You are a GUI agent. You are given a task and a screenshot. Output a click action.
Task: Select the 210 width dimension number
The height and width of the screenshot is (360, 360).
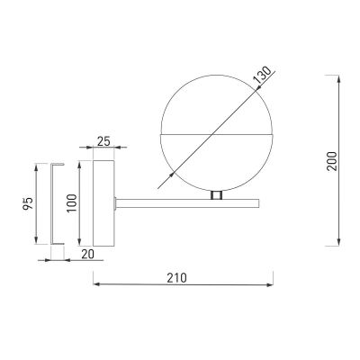176,277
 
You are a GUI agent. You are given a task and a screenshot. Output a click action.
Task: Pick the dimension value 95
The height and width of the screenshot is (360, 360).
27,202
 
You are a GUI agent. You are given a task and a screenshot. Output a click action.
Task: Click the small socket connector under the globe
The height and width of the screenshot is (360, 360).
215,194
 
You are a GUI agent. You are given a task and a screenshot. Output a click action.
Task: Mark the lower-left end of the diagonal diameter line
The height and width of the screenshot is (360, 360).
159,187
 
